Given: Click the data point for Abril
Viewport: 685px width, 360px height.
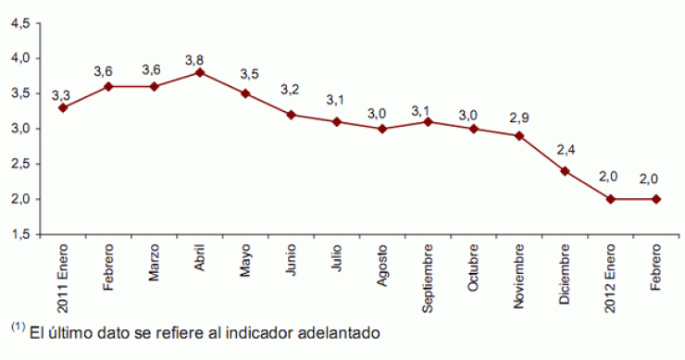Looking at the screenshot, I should pos(201,72).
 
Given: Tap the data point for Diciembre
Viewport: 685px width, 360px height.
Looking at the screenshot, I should pos(565,171).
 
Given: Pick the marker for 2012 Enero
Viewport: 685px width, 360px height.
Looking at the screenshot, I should pos(610,199).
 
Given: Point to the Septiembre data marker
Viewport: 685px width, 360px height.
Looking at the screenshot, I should pos(429,121).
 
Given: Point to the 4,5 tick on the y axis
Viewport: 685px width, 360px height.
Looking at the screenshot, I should pos(19,23).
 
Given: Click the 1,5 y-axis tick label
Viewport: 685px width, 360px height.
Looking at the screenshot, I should pos(19,235).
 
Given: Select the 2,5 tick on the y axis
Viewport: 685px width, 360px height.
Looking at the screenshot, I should pos(19,164).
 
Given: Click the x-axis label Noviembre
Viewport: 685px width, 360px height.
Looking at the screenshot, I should pos(519,275).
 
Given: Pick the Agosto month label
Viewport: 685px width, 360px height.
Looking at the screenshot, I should pos(382,267).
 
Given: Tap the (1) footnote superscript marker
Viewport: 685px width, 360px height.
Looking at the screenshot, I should pos(18,326).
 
